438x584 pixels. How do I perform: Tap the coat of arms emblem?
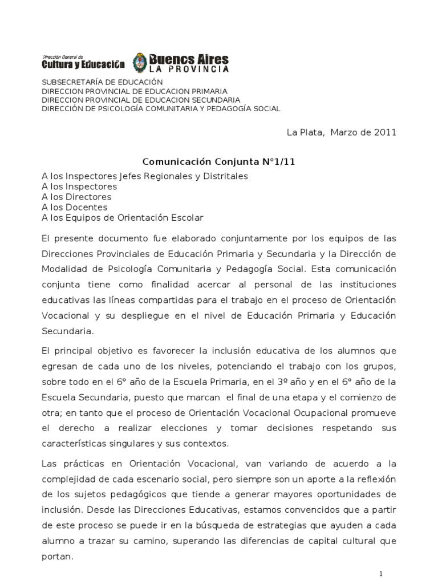pos(139,63)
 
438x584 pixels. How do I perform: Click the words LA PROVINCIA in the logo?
pos(189,69)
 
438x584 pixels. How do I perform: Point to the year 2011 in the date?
pos(384,132)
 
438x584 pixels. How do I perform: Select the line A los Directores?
pos(77,197)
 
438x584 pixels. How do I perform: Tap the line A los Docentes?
pos(75,207)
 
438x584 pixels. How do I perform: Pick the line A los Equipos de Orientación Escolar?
pos(123,217)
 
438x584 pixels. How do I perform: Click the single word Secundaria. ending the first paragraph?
pos(66,330)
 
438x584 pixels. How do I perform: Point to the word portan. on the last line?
pos(58,556)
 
